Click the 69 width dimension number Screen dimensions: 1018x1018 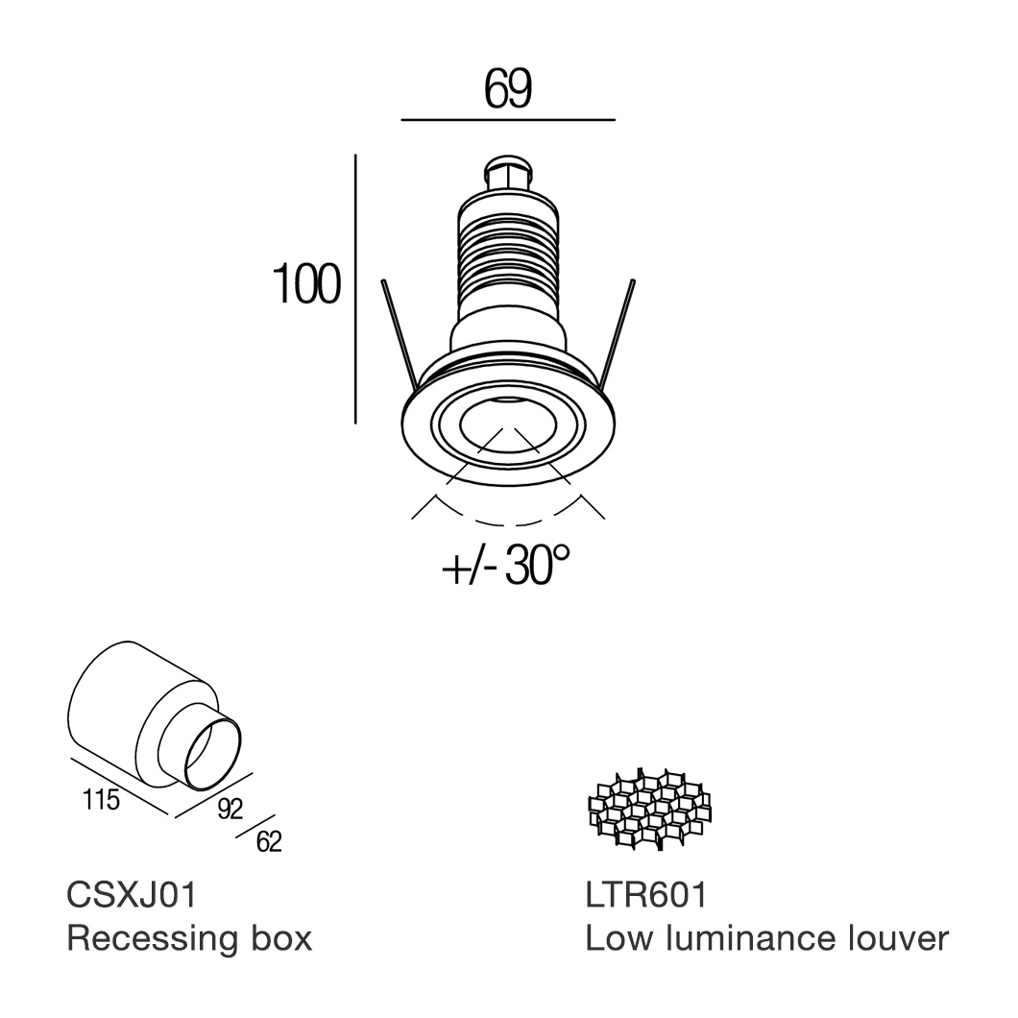(508, 89)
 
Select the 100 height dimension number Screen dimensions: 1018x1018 (306, 285)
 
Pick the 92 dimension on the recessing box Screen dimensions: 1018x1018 (230, 810)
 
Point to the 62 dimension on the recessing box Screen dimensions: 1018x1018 (269, 842)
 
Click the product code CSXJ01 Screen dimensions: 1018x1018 (132, 895)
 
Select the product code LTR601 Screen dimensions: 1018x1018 (645, 895)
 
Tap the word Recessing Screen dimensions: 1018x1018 (152, 938)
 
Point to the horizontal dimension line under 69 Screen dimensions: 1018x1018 (507, 120)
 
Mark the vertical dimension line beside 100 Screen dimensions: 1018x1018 (356, 288)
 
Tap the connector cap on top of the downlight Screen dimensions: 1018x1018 (509, 175)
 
